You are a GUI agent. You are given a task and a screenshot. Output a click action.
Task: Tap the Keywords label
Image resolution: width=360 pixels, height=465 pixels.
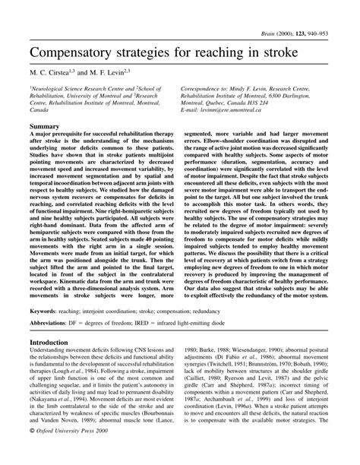click(x=46, y=311)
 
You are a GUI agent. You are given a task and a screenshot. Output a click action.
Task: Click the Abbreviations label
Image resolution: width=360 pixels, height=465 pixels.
click(x=55, y=322)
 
